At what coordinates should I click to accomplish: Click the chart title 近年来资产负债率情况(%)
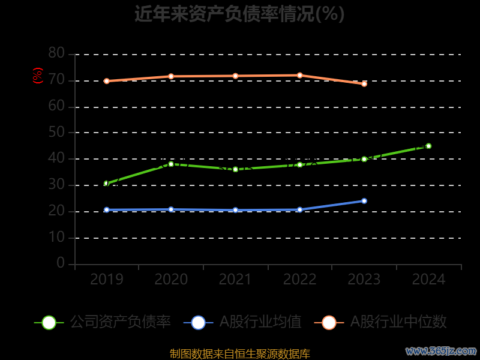(x=239, y=13)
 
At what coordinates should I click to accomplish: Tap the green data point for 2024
(x=428, y=146)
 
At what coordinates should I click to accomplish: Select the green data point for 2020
(x=171, y=164)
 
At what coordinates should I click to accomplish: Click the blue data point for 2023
(x=364, y=201)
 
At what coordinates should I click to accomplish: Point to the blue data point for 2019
(x=107, y=210)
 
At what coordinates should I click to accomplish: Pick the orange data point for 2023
(x=364, y=84)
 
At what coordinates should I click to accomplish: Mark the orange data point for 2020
(x=171, y=76)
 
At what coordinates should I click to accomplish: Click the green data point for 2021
(x=235, y=169)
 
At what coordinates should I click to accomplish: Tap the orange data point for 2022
(x=299, y=75)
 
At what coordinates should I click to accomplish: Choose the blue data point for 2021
(x=235, y=210)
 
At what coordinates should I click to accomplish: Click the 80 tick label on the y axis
(x=56, y=53)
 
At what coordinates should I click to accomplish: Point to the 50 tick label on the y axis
(x=56, y=132)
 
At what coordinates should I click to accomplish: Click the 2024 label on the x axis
(x=428, y=279)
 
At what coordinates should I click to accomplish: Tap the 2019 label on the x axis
(x=107, y=279)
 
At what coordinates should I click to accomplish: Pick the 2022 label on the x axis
(x=299, y=279)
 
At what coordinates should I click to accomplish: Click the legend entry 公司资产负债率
(x=120, y=322)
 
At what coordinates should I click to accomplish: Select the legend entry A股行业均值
(x=260, y=322)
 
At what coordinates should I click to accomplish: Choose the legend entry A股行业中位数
(x=398, y=322)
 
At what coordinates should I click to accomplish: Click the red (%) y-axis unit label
(x=38, y=76)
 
